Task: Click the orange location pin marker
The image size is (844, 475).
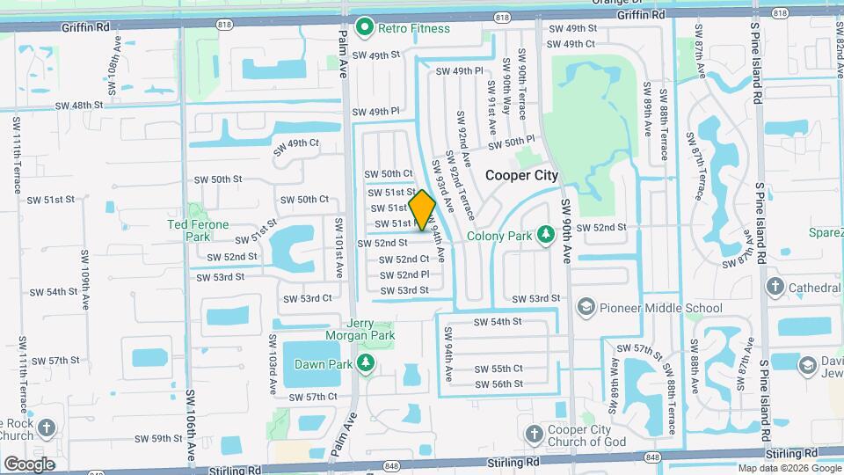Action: click(x=422, y=210)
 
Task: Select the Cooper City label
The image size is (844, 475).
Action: click(x=522, y=175)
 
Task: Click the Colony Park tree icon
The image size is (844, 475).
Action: click(x=544, y=235)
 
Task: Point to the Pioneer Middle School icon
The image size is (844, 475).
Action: click(x=585, y=307)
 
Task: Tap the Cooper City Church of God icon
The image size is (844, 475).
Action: click(x=534, y=435)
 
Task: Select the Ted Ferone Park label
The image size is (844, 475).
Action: click(x=199, y=230)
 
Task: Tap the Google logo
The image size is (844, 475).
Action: click(x=29, y=464)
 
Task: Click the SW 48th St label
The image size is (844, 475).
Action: click(x=79, y=105)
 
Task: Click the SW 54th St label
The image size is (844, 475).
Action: click(x=498, y=322)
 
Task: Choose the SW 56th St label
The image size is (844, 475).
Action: click(x=498, y=384)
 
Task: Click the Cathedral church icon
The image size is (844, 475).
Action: click(x=775, y=287)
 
